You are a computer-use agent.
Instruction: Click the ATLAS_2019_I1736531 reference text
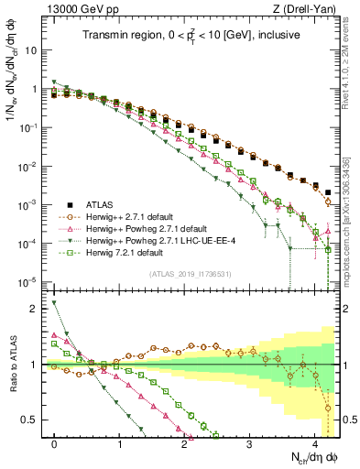[x=189, y=274]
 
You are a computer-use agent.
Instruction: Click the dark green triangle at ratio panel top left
[x=55, y=303]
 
